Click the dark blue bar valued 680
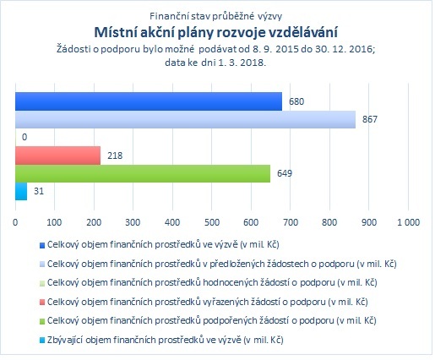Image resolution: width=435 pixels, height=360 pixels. coord(149,101)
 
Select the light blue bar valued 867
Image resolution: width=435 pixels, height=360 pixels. coord(185,119)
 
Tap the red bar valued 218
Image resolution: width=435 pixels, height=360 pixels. coord(57,155)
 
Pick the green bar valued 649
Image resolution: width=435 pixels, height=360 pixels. coord(143,173)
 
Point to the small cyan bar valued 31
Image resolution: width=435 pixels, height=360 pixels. coord(21,192)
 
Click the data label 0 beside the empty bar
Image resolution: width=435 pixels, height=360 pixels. coord(24,137)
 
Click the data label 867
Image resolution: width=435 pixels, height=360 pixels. coord(370,119)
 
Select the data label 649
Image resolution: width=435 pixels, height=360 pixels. coord(285,173)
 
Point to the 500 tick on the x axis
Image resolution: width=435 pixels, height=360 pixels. coord(212,222)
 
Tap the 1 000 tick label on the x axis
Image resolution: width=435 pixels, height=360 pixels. coord(408,222)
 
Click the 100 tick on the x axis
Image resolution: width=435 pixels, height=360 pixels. coord(54,222)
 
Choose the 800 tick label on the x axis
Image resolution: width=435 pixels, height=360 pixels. coord(329,222)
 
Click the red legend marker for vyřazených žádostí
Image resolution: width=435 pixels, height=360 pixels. coord(42,303)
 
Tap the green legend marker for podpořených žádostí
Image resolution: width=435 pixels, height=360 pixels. coord(42,321)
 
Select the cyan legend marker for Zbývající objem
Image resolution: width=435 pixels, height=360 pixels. coord(42,341)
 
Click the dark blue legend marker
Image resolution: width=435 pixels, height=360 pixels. coord(42,245)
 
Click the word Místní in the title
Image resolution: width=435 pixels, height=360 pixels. coord(112,32)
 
